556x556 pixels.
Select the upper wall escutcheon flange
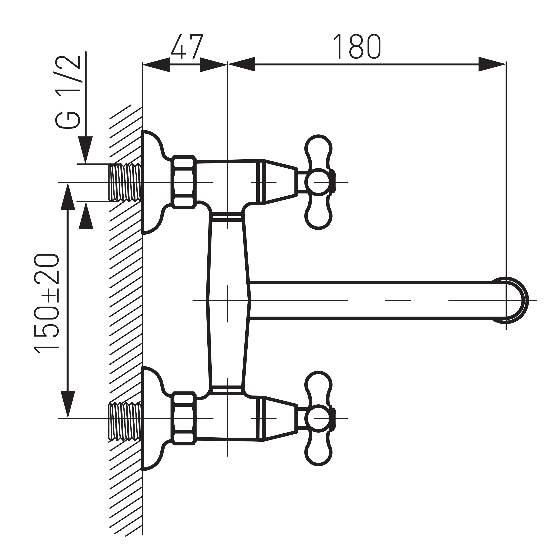coord(153,182)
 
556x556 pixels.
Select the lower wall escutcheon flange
coord(153,418)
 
